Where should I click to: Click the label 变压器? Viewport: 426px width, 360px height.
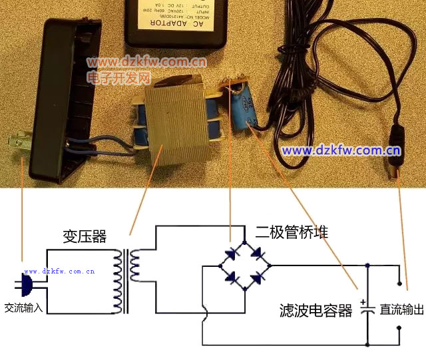[85, 236]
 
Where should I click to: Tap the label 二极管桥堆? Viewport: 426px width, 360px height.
[292, 232]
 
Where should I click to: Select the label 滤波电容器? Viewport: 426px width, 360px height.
[316, 311]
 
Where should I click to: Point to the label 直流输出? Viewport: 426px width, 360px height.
[401, 309]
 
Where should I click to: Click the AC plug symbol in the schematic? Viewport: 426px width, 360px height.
[25, 286]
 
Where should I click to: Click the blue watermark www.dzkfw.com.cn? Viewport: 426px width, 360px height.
[341, 150]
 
